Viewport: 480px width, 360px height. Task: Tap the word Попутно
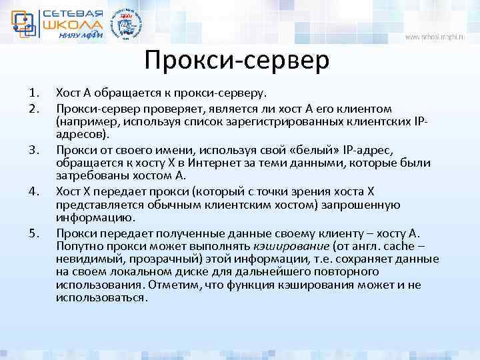click(79, 247)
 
